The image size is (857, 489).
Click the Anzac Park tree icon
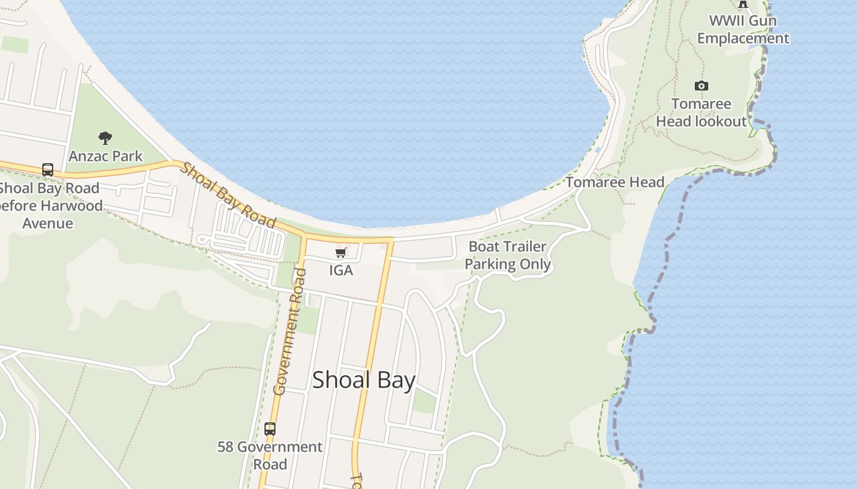(x=105, y=138)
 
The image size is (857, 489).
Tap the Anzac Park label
(x=105, y=156)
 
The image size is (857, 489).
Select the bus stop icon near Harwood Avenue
(x=48, y=170)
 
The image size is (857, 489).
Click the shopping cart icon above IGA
(x=341, y=253)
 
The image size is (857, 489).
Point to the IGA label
(x=341, y=270)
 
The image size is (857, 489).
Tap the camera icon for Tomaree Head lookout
(x=702, y=86)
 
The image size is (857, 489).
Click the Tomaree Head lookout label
(x=702, y=112)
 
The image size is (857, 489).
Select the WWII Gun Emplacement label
(x=743, y=29)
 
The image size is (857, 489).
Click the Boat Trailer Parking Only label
(x=507, y=256)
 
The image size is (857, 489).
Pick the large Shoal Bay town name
(x=364, y=380)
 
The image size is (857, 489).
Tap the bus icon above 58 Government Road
(x=270, y=429)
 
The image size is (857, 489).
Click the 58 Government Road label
(x=270, y=455)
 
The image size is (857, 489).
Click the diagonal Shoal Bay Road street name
(x=228, y=194)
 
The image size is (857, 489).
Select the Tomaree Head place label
(x=615, y=182)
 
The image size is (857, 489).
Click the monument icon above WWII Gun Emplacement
(x=743, y=4)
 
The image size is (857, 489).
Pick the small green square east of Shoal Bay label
(x=424, y=401)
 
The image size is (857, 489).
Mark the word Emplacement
(x=743, y=39)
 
